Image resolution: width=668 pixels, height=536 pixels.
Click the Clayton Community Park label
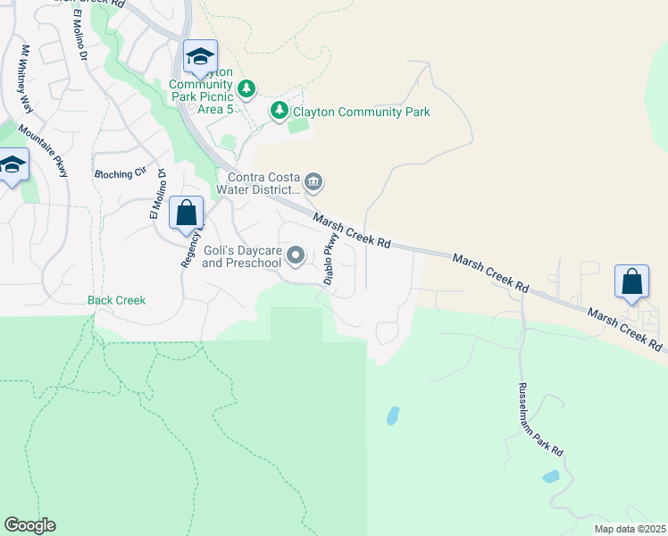[x=362, y=112]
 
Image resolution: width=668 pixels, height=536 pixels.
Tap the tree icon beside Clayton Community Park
[x=280, y=110]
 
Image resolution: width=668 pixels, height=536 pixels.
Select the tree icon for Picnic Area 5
[x=247, y=88]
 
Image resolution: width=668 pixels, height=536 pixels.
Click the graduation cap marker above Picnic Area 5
[x=200, y=57]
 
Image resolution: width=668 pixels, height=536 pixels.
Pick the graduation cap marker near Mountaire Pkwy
[x=13, y=165]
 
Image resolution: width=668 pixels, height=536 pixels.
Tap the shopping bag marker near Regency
[x=186, y=214]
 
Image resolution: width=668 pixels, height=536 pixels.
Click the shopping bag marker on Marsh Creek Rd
[x=631, y=281]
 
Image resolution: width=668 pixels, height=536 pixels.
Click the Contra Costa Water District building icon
[x=313, y=183]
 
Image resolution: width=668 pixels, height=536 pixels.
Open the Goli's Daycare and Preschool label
[x=242, y=257]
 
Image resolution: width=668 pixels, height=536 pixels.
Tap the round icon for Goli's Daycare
[x=296, y=256]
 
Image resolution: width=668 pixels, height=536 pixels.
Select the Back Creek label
[x=116, y=300]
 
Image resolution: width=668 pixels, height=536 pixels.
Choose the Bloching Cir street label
[x=119, y=174]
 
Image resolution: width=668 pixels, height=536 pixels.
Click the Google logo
[x=29, y=525]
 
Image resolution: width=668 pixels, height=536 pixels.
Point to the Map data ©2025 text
[x=629, y=529]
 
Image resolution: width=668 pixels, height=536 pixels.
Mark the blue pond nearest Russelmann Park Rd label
[x=551, y=476]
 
